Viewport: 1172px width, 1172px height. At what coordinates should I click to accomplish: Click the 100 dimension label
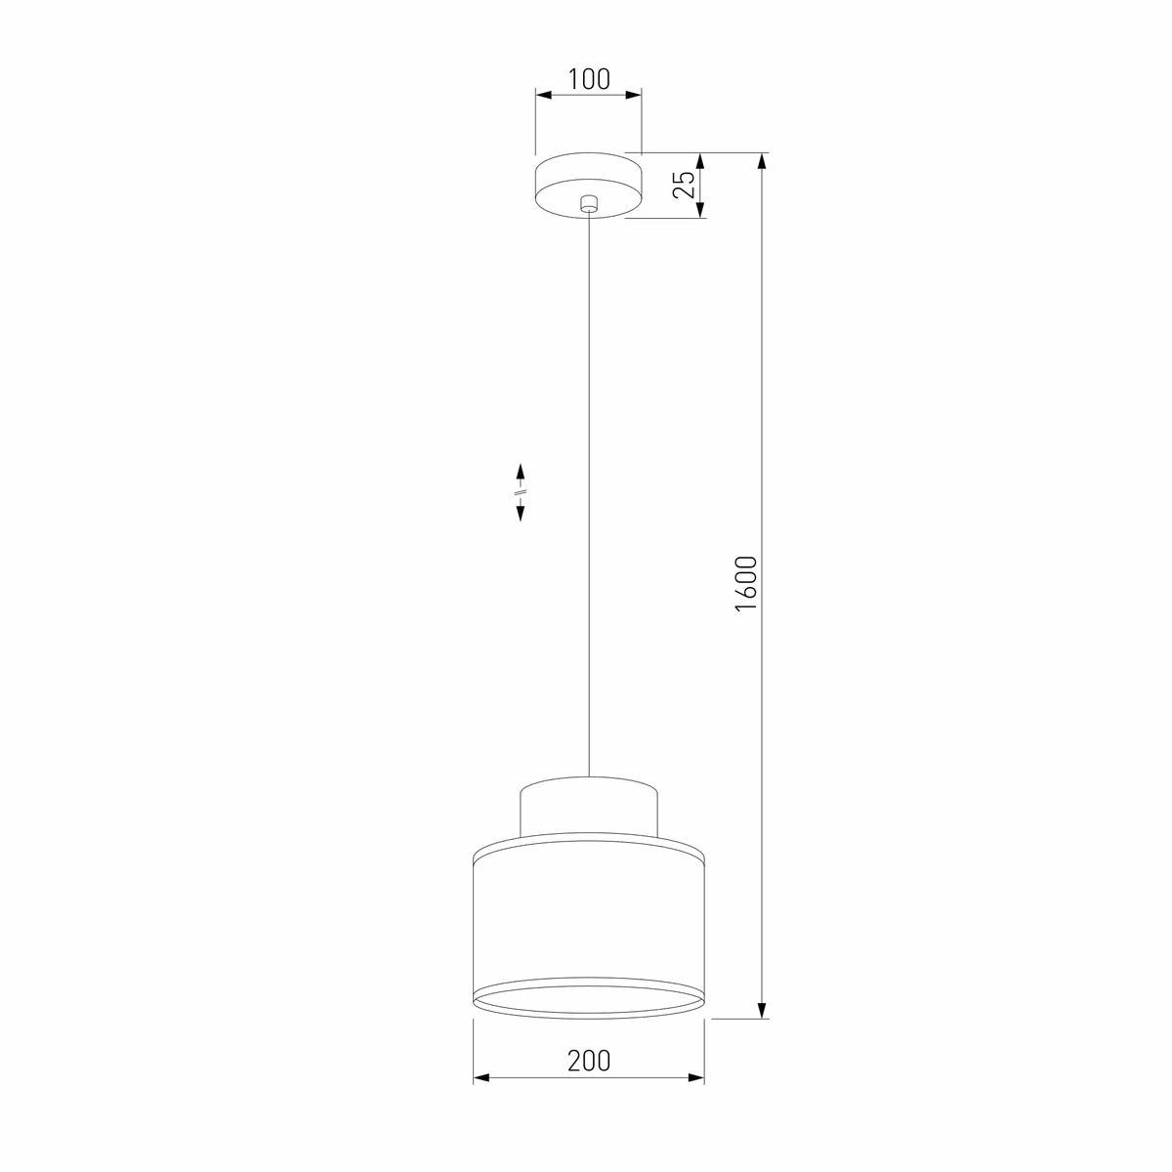tap(588, 79)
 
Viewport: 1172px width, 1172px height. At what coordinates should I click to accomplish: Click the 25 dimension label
tap(684, 185)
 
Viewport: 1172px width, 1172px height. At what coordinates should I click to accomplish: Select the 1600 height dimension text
tap(745, 583)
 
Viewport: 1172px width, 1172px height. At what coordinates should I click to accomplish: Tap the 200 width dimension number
tap(589, 1061)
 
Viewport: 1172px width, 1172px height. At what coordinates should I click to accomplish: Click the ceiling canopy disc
tap(588, 185)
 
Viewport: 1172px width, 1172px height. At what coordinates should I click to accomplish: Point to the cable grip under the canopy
tap(588, 204)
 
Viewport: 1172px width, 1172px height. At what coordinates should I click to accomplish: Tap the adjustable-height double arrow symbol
tap(520, 492)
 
